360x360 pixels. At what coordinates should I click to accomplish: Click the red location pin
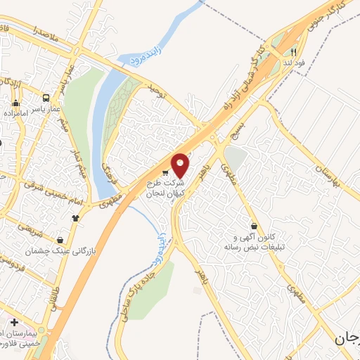(x=181, y=165)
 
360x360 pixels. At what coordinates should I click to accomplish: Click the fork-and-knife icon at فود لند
(x=294, y=51)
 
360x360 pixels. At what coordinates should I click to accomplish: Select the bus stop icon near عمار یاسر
(x=46, y=98)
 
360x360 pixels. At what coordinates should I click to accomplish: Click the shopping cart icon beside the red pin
(x=165, y=173)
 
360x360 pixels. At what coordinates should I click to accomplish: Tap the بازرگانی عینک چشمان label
(x=61, y=250)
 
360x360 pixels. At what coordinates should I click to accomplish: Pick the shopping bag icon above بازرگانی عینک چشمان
(x=60, y=240)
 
